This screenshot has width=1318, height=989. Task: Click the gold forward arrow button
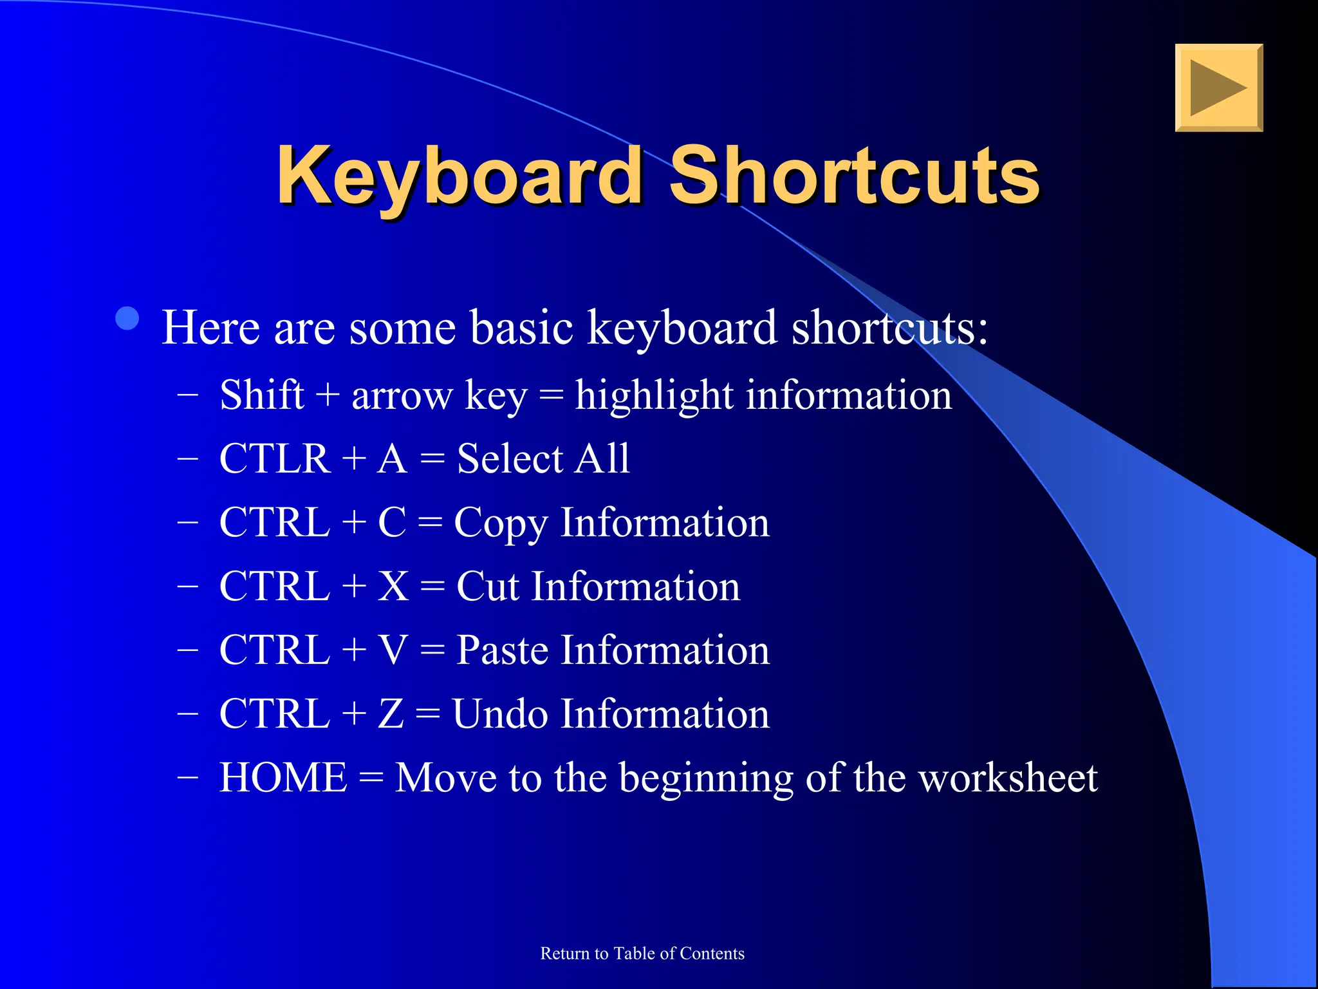[1218, 88]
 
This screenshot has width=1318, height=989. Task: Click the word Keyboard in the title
[459, 176]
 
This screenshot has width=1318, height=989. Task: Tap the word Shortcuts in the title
[854, 176]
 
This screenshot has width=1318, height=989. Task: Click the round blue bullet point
[127, 318]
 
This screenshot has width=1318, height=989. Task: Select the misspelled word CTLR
[275, 458]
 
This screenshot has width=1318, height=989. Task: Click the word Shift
[261, 394]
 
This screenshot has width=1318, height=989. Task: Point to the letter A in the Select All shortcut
[392, 458]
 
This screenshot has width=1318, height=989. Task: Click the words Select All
[543, 458]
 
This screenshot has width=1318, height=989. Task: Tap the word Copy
[501, 523]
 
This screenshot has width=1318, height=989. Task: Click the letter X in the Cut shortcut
[393, 586]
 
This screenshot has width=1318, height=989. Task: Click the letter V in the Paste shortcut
[393, 650]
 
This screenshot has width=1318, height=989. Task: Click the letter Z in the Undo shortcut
[391, 713]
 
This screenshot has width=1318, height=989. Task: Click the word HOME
[283, 777]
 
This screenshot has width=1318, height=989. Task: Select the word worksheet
[1007, 777]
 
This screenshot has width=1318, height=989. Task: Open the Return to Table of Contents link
[642, 953]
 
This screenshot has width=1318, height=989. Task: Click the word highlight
[654, 394]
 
